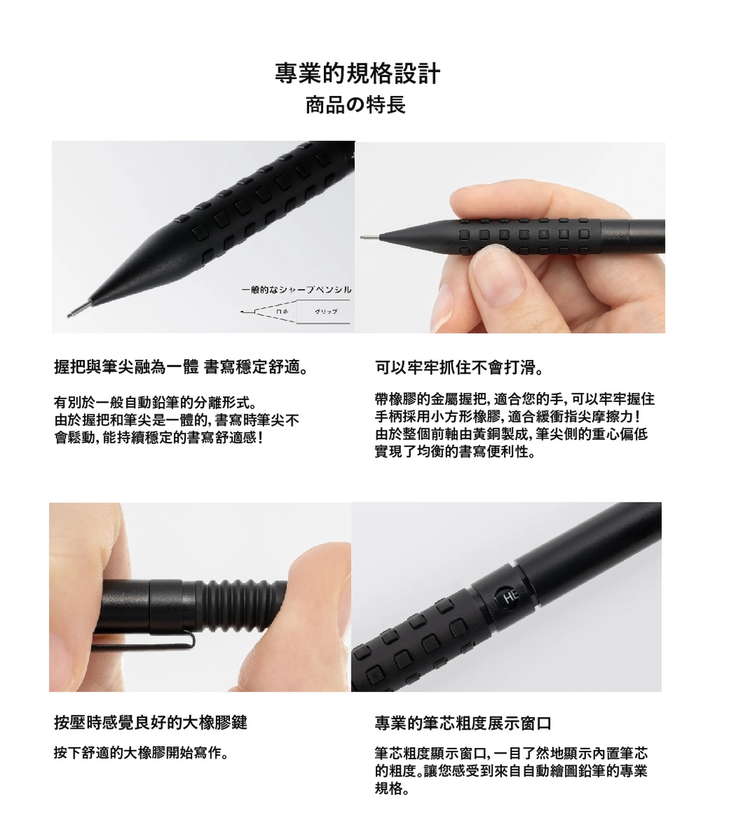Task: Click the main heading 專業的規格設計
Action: [357, 74]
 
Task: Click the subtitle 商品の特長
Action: [355, 105]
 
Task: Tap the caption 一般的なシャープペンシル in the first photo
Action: [297, 290]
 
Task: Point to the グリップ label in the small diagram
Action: [326, 312]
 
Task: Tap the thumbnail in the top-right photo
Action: [498, 270]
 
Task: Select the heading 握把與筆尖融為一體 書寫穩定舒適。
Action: [180, 368]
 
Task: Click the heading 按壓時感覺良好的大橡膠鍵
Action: [150, 723]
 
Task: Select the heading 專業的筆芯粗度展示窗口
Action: [463, 724]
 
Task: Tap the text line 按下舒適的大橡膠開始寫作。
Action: [142, 754]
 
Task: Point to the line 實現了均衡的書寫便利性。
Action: [455, 452]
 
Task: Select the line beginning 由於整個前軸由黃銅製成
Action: [511, 435]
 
